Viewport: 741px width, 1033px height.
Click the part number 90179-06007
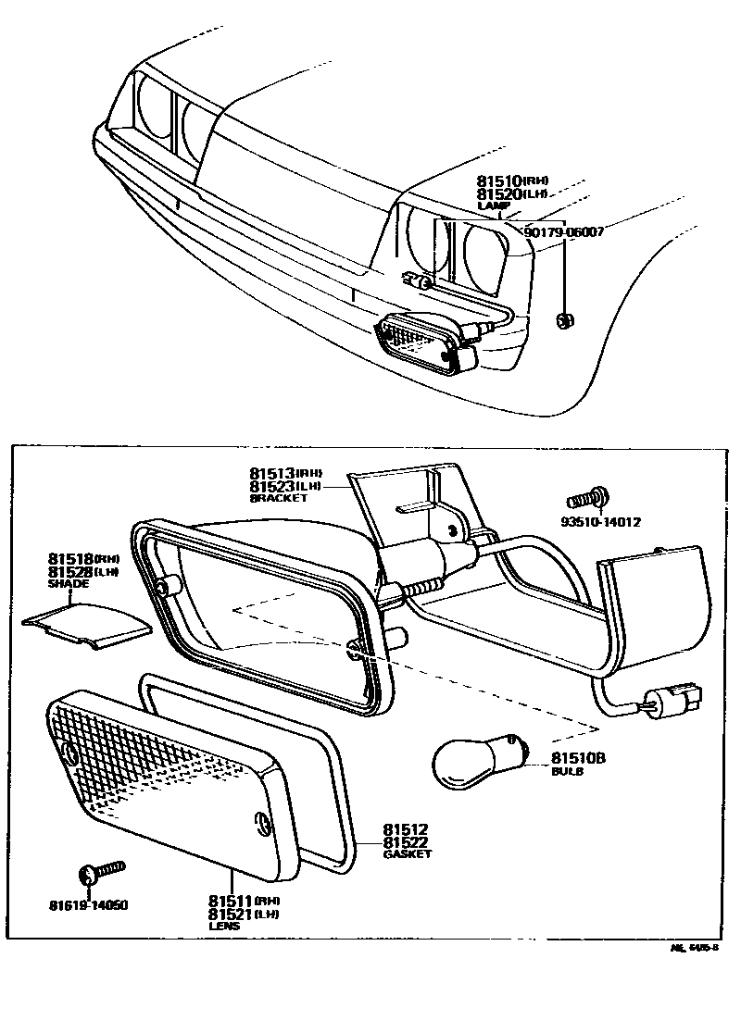[564, 232]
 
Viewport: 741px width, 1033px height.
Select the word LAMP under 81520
[488, 206]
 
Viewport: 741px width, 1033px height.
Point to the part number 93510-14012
[600, 521]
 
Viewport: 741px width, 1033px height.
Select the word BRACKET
[278, 498]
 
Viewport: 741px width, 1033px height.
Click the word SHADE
[69, 584]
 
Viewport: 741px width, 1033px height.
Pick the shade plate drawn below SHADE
[87, 624]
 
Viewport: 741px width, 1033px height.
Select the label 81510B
[578, 758]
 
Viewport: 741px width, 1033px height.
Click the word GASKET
[408, 854]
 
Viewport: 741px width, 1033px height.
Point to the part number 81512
[408, 829]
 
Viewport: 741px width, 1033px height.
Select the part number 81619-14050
[90, 904]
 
